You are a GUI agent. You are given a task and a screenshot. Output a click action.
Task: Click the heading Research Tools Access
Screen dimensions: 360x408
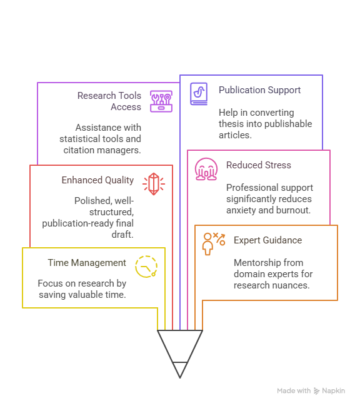(x=109, y=101)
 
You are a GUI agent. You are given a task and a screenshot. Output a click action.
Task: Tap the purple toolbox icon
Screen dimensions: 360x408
(x=161, y=101)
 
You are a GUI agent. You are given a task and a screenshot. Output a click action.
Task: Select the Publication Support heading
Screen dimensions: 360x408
(x=259, y=90)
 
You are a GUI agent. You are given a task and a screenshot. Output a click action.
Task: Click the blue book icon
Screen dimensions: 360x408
(x=199, y=94)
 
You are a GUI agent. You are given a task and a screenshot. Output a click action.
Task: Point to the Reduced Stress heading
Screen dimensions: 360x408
(x=259, y=165)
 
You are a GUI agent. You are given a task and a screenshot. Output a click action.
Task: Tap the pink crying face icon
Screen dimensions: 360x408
(x=206, y=169)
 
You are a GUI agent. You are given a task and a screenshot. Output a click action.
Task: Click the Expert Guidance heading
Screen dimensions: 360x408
(x=267, y=240)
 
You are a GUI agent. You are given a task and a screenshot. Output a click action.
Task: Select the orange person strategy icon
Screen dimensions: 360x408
(x=214, y=244)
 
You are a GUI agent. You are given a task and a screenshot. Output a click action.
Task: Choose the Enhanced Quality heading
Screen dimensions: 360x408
(x=97, y=180)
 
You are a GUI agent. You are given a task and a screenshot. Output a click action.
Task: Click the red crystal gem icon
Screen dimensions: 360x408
(x=154, y=184)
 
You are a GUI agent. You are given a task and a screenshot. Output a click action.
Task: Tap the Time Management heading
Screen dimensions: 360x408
(x=87, y=263)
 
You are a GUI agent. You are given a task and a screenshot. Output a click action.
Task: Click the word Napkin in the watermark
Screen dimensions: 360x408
(x=334, y=390)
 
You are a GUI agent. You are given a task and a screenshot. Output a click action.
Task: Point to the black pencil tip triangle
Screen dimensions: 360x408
(x=180, y=370)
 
